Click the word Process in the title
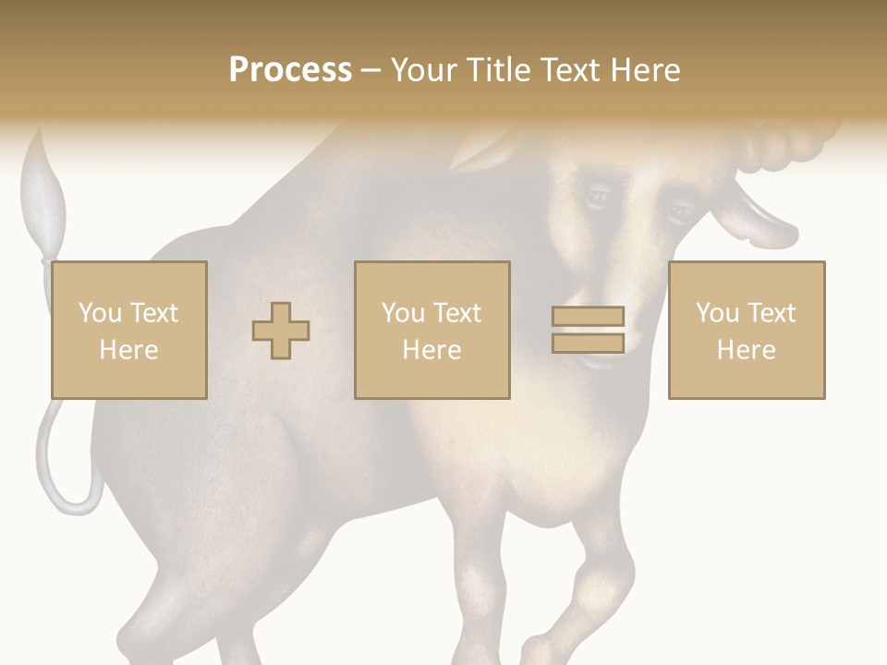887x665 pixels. pos(290,70)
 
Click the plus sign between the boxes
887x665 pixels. pos(281,331)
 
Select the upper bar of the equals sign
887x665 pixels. pos(588,317)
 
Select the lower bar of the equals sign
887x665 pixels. pos(588,344)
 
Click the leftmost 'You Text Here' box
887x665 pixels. pos(129,330)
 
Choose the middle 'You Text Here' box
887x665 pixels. pos(432,330)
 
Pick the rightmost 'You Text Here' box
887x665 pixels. pos(747,330)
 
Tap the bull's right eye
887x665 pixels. pos(681,212)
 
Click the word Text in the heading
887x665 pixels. pos(566,70)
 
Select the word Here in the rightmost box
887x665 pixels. pos(747,350)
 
